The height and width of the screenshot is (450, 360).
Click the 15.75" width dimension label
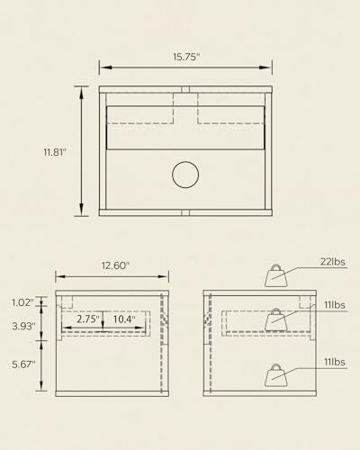click(x=186, y=57)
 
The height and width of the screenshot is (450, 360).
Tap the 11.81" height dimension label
click(x=55, y=152)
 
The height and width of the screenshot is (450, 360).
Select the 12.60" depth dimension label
click(x=115, y=265)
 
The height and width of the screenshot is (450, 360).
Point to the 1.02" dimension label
click(x=22, y=302)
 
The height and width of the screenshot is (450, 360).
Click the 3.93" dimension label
click(x=23, y=326)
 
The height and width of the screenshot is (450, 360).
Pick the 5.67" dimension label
click(x=23, y=364)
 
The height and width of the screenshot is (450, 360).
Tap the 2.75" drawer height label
click(x=87, y=319)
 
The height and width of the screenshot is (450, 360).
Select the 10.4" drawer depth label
click(x=124, y=319)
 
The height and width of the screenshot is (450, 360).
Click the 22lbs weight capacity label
click(x=332, y=262)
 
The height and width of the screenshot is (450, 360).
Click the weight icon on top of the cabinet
click(x=276, y=275)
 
